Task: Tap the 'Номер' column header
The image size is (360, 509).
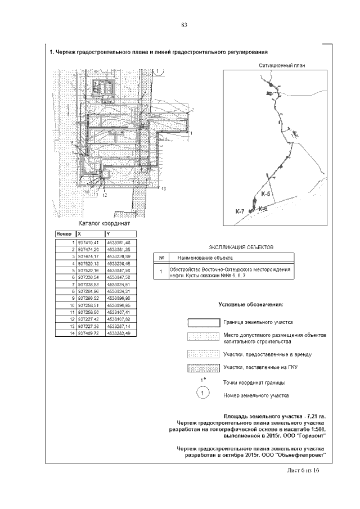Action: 65,233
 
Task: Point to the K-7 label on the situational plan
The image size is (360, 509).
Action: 240,211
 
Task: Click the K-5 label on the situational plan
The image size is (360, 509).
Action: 266,193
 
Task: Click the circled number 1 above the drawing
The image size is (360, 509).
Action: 160,71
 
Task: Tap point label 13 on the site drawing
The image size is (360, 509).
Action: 164,190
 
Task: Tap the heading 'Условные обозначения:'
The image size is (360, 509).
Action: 251,304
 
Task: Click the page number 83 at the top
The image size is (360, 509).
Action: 184,24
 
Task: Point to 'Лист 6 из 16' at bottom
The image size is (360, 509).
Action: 303,470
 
